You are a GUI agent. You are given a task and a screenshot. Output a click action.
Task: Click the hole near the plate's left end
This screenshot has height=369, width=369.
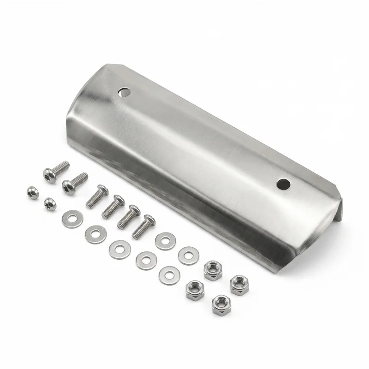pos(124,92)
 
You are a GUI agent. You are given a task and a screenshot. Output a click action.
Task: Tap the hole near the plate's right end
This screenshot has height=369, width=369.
pos(283,184)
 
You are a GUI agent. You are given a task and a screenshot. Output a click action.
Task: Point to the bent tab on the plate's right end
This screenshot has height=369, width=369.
pos(339,210)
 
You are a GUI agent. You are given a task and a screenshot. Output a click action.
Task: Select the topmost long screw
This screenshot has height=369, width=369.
pos(55,171)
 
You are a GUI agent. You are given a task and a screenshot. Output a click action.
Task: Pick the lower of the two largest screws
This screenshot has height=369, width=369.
pos(74,183)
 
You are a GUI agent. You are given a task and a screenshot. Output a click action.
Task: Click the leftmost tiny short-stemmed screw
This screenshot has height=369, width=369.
pos(33,192)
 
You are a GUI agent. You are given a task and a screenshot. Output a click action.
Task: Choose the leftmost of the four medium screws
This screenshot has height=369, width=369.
pos(97,196)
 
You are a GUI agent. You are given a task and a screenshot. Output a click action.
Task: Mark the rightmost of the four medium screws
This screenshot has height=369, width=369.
pos(143,226)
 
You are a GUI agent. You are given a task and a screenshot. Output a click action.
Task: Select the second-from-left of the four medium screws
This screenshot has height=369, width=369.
pos(113,207)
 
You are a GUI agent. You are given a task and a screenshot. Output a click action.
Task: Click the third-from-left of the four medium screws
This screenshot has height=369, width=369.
pos(128,217)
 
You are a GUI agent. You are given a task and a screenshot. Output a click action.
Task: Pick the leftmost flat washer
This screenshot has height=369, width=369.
pos(72,219)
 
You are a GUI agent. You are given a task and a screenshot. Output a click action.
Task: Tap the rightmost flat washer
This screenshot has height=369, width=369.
pos(189,256)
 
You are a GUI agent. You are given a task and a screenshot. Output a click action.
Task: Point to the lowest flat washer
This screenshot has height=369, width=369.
pos(169,276)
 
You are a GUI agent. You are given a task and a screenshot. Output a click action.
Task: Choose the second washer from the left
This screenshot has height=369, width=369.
pos(95,234)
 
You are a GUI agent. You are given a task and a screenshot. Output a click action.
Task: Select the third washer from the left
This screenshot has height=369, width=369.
pos(119,250)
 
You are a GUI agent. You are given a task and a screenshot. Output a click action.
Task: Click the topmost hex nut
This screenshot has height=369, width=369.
pos(213,270)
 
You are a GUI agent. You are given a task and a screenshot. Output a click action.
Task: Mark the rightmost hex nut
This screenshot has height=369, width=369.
pos(239,285)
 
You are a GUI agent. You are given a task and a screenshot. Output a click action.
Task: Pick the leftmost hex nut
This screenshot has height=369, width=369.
pos(195,290)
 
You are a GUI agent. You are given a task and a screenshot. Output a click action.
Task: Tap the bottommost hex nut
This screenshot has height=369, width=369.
pos(221,305)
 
